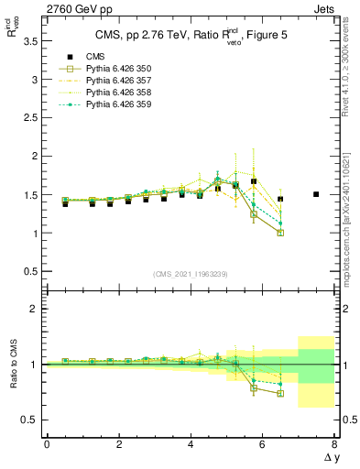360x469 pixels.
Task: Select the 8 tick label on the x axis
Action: (334, 444)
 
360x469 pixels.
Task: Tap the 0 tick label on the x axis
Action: (47, 444)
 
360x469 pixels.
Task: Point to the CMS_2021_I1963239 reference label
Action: (191, 273)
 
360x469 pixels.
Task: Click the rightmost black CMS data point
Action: (316, 194)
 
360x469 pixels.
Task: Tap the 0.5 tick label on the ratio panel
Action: (30, 420)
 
